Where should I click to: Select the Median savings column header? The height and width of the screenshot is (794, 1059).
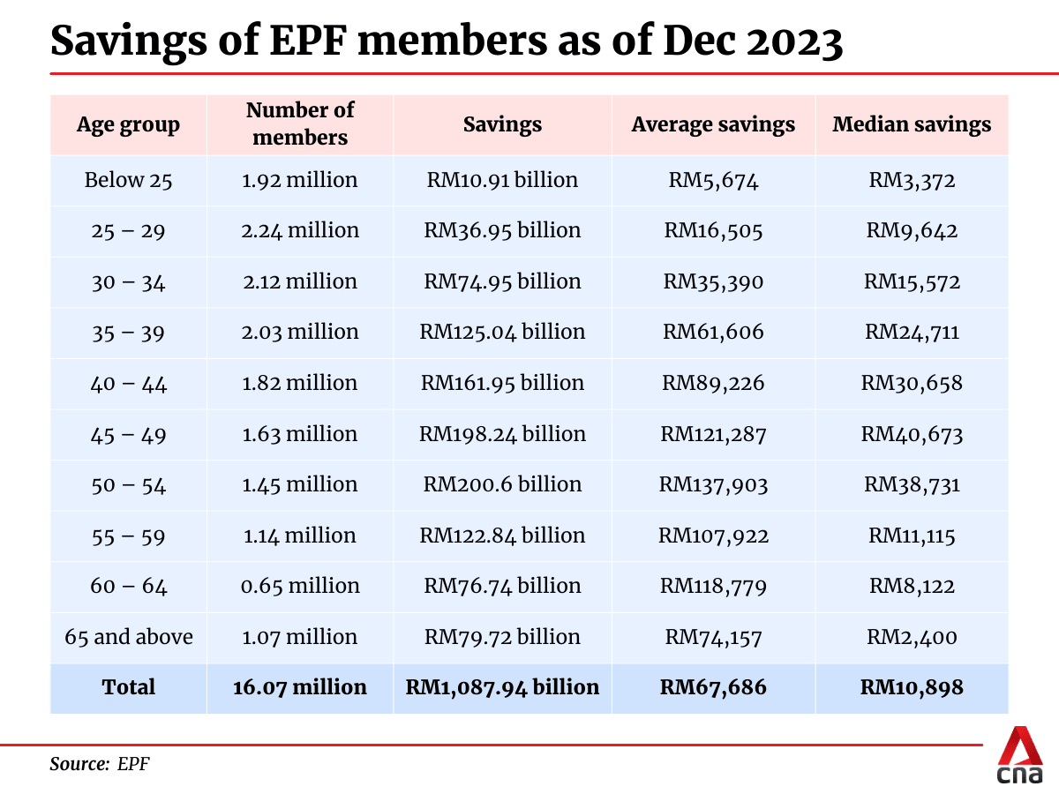912,124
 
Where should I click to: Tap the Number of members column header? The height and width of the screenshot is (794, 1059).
300,124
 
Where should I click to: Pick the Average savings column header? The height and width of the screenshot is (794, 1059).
713,124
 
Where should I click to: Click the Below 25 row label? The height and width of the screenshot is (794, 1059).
129,181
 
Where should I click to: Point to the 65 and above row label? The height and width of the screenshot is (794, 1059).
129,637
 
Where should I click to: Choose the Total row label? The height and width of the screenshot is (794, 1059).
129,687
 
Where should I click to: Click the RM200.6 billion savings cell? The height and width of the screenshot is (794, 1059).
502,484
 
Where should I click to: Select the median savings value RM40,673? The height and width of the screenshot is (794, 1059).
912,434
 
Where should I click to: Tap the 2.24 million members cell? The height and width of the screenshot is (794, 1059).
300,231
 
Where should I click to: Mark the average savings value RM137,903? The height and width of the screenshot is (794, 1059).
713,484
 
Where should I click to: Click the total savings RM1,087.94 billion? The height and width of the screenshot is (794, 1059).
502,687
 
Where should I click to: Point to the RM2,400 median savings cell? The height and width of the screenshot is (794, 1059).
912,637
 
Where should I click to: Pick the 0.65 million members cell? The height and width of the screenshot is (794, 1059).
300,586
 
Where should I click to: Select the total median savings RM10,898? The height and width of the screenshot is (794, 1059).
912,687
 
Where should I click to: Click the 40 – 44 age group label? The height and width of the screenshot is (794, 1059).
129,384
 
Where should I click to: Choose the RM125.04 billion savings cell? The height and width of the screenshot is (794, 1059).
502,333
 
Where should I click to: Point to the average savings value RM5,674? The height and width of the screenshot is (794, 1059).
713,181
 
